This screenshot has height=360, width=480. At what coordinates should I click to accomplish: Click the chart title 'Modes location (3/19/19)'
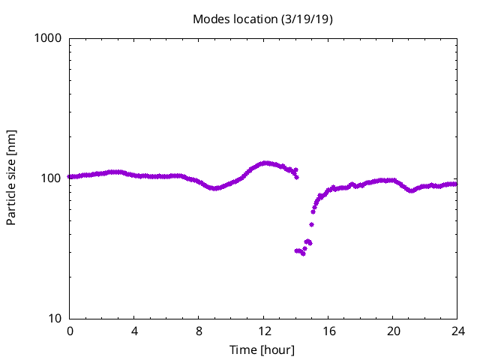click(262, 19)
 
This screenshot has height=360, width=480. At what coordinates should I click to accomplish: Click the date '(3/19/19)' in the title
click(307, 19)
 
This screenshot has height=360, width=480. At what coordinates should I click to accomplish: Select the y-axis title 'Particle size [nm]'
click(11, 178)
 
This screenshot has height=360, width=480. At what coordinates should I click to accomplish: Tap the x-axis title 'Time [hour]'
click(262, 349)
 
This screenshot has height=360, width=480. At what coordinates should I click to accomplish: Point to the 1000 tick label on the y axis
click(48, 38)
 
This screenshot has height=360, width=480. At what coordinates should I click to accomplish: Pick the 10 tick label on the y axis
click(54, 319)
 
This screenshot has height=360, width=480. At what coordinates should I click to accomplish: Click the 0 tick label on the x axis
click(70, 331)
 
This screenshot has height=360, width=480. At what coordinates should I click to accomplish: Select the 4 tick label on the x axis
click(134, 331)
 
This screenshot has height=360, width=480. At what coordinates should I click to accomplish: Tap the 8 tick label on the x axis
click(199, 331)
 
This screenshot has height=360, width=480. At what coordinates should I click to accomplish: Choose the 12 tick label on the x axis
click(264, 331)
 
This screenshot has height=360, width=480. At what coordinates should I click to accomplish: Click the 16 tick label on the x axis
click(328, 331)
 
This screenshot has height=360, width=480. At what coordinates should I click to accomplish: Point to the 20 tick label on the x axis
click(393, 331)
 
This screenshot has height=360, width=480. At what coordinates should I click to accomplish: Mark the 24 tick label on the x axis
click(457, 331)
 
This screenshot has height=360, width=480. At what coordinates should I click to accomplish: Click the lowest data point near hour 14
click(303, 253)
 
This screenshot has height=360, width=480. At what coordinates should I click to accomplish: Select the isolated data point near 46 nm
click(311, 224)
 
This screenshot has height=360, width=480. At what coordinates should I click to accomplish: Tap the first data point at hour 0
click(70, 177)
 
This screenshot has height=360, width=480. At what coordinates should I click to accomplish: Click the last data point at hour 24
click(456, 184)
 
